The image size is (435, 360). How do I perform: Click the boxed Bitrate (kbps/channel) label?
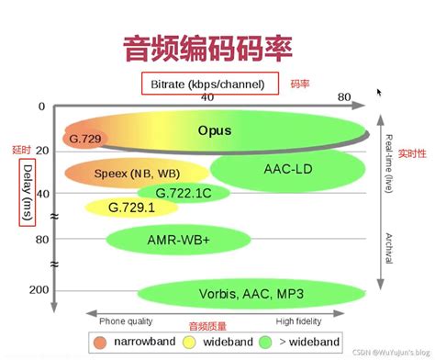tap(209, 84)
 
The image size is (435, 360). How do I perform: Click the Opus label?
tap(215, 130)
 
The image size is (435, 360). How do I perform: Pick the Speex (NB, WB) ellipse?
tap(136, 172)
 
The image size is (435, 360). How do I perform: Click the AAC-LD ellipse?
tap(290, 170)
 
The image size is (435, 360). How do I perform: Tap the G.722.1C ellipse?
tap(184, 192)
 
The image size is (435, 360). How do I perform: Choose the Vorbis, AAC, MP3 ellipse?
tap(251, 293)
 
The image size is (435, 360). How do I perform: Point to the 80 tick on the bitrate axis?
tap(345, 97)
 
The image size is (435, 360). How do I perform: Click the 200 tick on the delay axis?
tap(37, 289)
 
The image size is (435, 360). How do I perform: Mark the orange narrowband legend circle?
tap(100, 343)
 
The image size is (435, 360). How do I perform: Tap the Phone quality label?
tap(127, 322)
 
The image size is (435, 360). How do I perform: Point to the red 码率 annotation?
tap(299, 84)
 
